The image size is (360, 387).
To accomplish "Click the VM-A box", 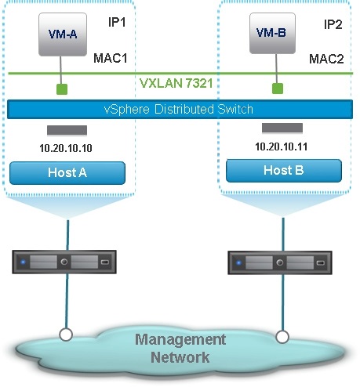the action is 63,34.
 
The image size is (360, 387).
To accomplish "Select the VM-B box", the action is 272,33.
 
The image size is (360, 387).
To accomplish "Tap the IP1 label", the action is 117,23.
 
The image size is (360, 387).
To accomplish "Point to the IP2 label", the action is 333,24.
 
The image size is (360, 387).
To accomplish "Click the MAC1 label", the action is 111,58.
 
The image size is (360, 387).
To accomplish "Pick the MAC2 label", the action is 326,59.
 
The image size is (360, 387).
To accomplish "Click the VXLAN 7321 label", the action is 176,83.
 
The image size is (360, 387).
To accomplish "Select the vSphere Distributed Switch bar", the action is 180,109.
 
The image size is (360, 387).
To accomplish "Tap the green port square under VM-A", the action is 62,89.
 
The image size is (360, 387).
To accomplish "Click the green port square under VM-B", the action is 278,89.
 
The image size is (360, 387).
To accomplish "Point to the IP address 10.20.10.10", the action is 66,148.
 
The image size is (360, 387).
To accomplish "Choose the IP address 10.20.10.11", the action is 282,146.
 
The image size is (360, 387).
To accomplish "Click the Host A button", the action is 67,173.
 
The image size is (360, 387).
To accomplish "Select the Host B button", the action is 284,171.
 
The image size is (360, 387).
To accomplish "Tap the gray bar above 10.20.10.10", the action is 67,130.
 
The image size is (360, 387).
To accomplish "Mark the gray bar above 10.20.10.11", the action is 282,128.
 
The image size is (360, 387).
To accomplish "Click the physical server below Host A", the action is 64,262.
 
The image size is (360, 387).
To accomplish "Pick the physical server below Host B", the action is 280,262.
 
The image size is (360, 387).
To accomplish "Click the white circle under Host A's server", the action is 66,335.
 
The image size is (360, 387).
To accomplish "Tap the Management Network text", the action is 180,349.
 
